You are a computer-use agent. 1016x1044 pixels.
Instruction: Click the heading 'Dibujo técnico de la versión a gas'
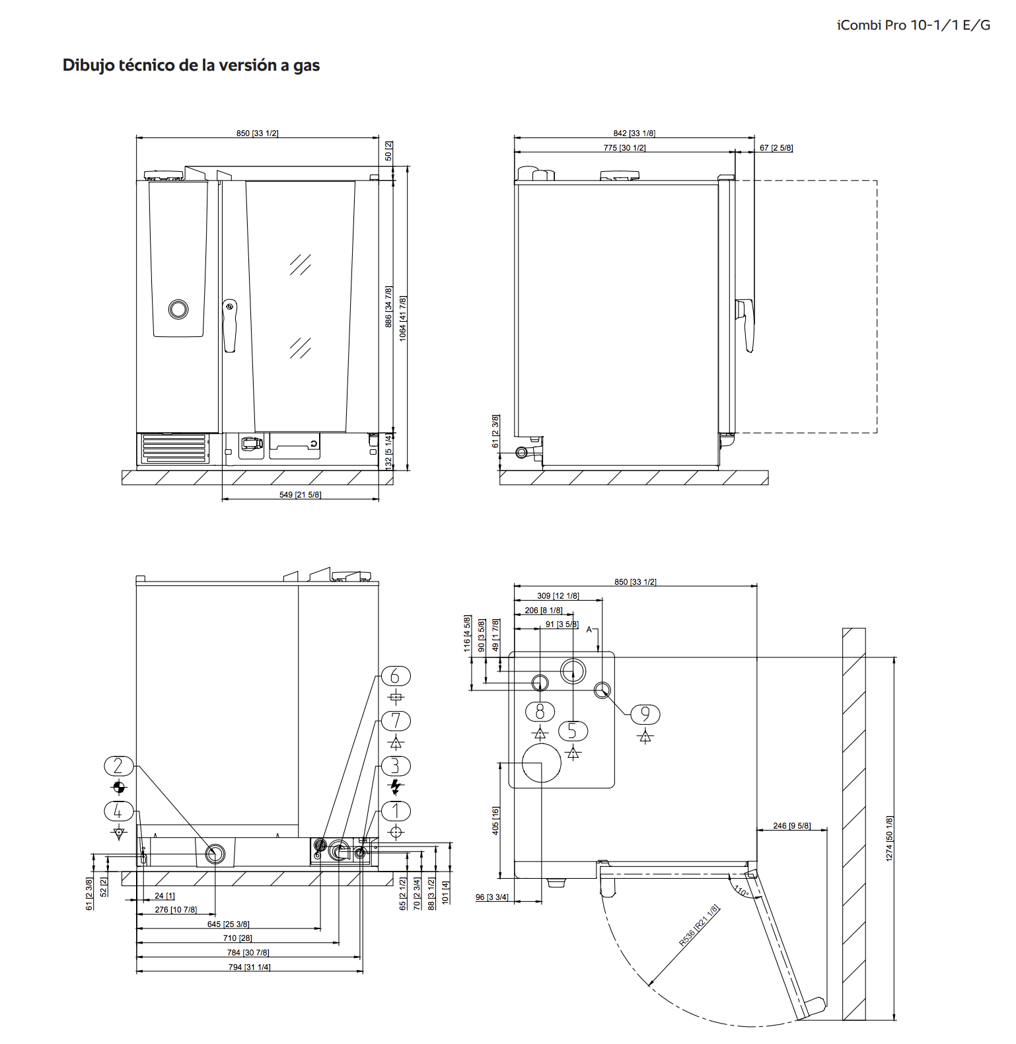191,65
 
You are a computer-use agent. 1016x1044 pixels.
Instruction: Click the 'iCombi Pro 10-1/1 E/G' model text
914,25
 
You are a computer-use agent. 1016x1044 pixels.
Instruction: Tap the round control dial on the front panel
178,309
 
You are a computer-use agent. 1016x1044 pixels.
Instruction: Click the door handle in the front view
229,326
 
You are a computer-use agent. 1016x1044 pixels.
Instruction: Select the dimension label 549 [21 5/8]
300,494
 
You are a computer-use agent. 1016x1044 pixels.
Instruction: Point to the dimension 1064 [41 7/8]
403,318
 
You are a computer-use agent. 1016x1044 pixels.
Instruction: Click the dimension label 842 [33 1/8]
634,133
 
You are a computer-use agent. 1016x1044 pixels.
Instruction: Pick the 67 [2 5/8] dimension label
776,148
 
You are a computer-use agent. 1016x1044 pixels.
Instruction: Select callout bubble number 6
396,677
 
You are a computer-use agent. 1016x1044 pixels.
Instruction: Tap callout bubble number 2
119,766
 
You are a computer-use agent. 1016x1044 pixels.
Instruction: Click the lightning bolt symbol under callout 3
396,786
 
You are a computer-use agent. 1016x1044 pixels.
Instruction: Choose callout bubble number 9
645,714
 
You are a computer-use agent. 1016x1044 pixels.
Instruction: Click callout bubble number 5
573,731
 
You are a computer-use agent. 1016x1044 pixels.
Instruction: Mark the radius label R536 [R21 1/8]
699,925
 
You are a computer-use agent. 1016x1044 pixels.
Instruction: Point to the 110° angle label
741,891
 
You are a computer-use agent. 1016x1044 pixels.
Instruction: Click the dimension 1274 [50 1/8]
889,839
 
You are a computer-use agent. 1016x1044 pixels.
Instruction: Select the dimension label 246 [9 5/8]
791,825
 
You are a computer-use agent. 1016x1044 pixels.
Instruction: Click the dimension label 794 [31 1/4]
249,967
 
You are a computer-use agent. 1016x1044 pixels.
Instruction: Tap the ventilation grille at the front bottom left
174,448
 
